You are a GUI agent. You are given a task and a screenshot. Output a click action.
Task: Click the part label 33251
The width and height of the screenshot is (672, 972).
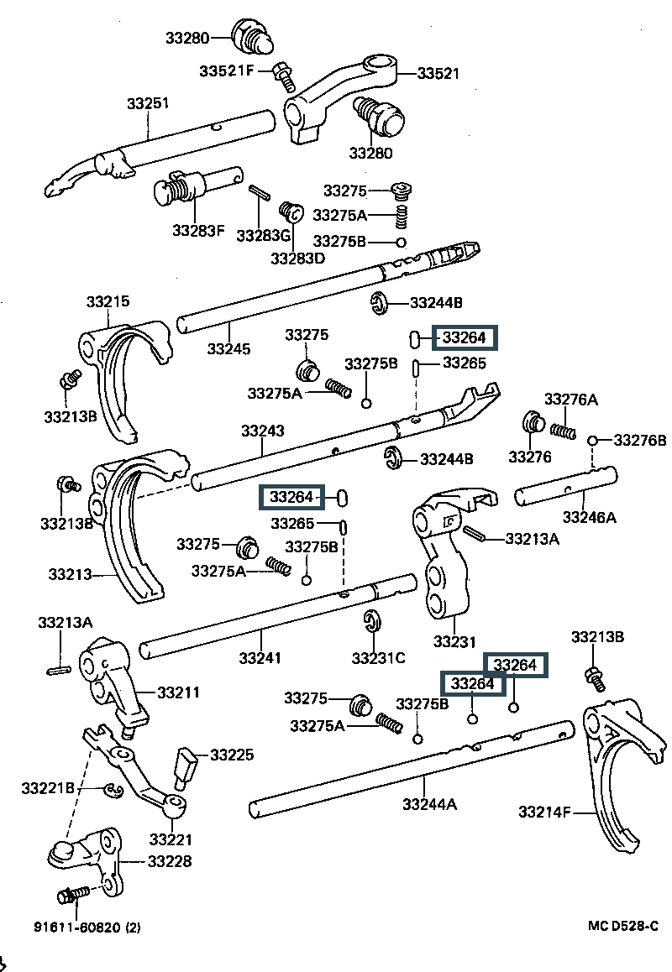149,104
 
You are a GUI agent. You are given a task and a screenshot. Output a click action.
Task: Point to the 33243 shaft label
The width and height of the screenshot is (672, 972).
263,431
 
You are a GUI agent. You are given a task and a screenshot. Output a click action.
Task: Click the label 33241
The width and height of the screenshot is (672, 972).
260,658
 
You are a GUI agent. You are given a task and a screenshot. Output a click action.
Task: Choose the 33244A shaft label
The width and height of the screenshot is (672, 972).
429,804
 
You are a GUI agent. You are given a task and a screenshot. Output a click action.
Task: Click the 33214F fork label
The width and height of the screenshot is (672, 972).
544,812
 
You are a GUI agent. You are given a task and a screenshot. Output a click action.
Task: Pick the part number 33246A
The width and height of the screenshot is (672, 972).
589,518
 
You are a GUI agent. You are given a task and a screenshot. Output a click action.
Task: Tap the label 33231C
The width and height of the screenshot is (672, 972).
378,657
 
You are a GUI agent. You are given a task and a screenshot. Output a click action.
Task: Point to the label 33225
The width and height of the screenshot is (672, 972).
232,755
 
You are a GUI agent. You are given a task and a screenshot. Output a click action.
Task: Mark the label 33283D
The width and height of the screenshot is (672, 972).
297,259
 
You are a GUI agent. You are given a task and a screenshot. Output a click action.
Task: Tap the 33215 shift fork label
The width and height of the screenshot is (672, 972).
108,301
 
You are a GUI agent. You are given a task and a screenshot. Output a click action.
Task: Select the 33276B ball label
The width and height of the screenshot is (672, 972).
640,440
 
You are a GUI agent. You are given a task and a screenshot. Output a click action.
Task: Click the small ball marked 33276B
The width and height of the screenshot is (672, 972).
593,440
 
